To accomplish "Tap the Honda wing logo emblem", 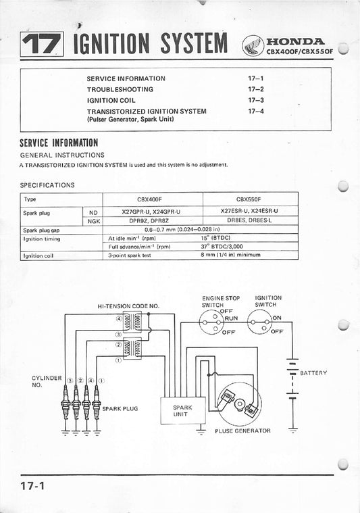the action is [251, 45].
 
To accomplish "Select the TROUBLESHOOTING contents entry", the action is [120, 89].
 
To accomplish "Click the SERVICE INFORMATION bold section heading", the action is [59, 143].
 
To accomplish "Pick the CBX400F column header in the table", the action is [151, 201].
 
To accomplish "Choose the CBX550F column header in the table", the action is [249, 201].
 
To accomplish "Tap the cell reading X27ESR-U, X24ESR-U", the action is [249, 211].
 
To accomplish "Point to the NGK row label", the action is [93, 220].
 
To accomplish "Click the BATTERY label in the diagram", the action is [313, 372].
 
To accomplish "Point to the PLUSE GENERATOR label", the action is [242, 431].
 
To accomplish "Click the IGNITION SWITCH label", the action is [269, 301].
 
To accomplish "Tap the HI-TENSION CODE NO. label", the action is [128, 306].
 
